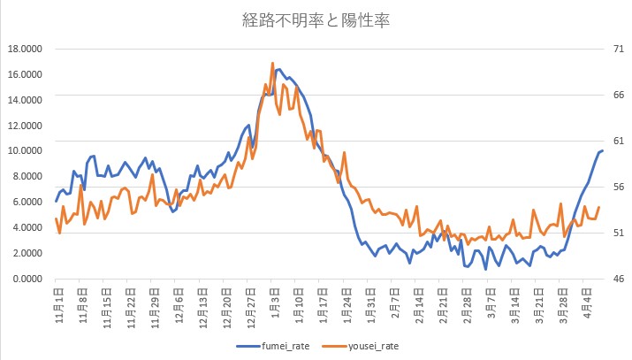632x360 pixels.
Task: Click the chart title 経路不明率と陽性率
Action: pyautogui.click(x=316, y=19)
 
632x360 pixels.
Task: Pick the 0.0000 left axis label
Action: pyautogui.click(x=26, y=279)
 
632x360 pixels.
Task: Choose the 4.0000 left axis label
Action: pyautogui.click(x=26, y=228)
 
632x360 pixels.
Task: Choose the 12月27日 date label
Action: pyautogui.click(x=250, y=300)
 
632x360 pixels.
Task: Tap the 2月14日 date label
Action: pyautogui.click(x=418, y=298)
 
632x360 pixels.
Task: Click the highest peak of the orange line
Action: pyautogui.click(x=273, y=63)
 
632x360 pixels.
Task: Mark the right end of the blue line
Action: pyautogui.click(x=602, y=150)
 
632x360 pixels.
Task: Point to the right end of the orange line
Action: pyautogui.click(x=598, y=208)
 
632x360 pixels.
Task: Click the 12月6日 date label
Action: pyautogui.click(x=178, y=298)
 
